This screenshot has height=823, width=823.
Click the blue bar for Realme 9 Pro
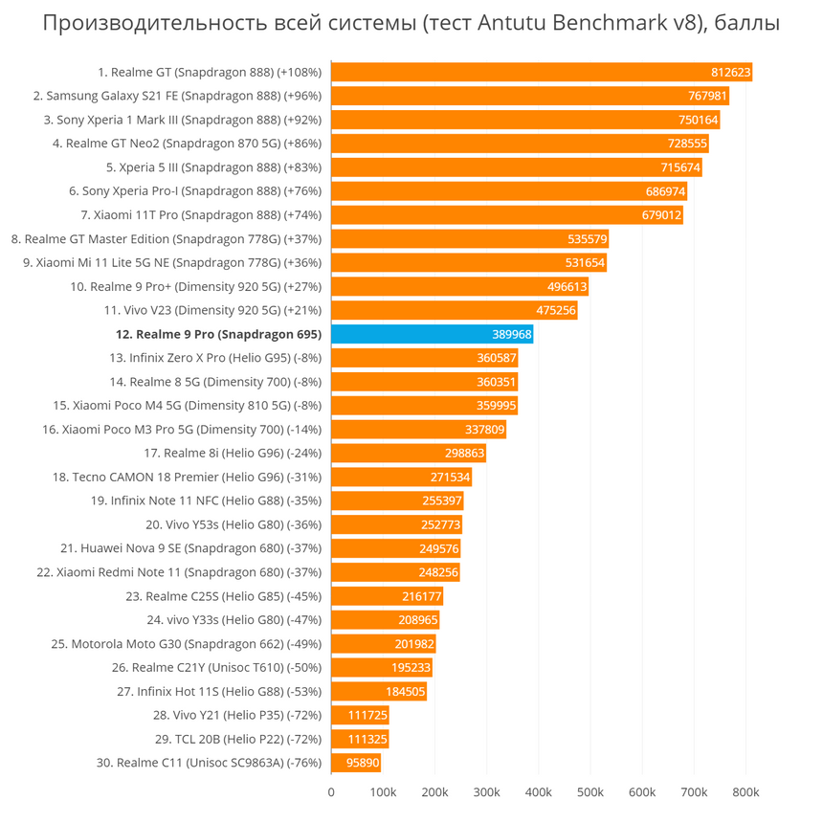(x=432, y=334)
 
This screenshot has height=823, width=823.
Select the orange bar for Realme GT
(x=542, y=72)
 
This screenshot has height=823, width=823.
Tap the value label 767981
(x=707, y=96)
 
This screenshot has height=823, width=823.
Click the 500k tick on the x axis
(x=589, y=792)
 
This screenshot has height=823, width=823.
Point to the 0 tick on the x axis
(x=331, y=792)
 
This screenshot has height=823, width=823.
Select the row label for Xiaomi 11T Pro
(x=201, y=215)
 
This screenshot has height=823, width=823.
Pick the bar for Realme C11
(x=356, y=763)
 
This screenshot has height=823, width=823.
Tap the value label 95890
(x=363, y=763)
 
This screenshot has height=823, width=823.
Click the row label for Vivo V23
(x=212, y=311)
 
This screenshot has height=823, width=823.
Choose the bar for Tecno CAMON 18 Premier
(x=402, y=478)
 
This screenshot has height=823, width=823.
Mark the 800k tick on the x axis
(x=745, y=792)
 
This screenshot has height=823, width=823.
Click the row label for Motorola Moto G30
(x=187, y=644)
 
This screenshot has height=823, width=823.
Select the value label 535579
(x=588, y=239)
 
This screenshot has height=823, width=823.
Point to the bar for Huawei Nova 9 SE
(x=396, y=548)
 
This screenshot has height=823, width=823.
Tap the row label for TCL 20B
(x=238, y=739)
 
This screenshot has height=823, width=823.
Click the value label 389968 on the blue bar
(x=512, y=334)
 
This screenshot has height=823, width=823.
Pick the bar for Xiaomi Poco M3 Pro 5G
(x=419, y=430)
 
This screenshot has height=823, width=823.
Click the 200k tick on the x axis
(x=434, y=792)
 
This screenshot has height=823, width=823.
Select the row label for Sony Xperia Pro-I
(x=195, y=191)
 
